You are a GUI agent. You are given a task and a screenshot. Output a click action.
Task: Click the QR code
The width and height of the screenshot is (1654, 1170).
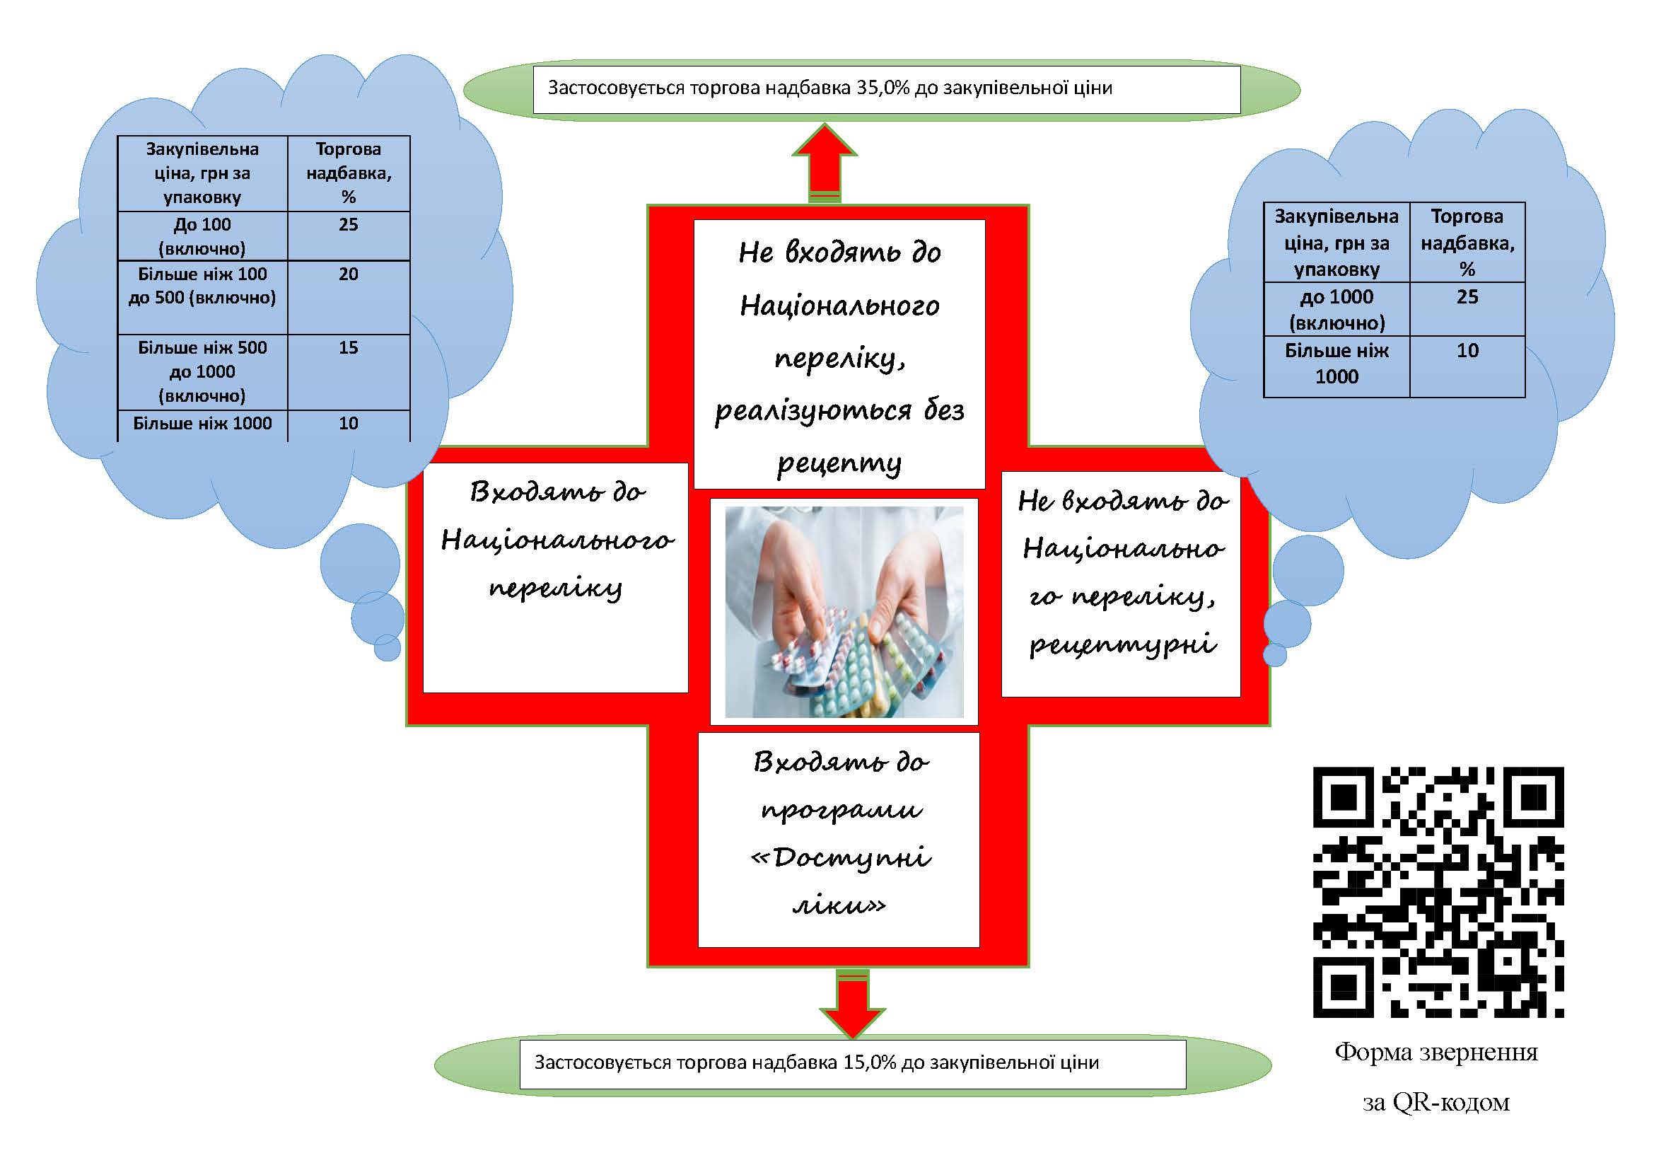pyautogui.click(x=1438, y=892)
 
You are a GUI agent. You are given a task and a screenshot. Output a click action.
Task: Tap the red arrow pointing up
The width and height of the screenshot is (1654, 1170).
pyautogui.click(x=825, y=163)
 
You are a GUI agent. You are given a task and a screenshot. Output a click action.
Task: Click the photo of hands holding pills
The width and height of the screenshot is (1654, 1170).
pyautogui.click(x=844, y=612)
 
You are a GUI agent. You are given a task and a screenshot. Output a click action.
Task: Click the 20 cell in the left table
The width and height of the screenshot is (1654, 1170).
pyautogui.click(x=349, y=298)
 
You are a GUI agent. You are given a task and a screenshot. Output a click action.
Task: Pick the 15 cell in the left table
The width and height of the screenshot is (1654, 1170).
pyautogui.click(x=349, y=373)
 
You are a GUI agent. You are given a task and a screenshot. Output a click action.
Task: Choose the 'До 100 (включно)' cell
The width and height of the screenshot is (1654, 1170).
pyautogui.click(x=202, y=236)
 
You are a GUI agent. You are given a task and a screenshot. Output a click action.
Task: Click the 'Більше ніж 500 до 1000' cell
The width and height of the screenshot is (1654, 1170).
pyautogui.click(x=202, y=372)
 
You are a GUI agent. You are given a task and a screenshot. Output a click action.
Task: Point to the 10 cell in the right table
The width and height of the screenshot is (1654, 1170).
pyautogui.click(x=1467, y=366)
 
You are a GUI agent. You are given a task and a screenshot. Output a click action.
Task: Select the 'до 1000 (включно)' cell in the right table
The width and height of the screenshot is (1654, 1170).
pyautogui.click(x=1337, y=309)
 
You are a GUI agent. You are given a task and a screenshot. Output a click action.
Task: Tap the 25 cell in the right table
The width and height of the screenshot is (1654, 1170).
pyautogui.click(x=1467, y=309)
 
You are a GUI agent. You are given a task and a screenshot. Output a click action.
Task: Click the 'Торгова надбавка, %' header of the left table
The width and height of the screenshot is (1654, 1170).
pyautogui.click(x=349, y=173)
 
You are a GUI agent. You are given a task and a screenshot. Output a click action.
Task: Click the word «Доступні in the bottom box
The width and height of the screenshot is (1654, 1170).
pyautogui.click(x=841, y=858)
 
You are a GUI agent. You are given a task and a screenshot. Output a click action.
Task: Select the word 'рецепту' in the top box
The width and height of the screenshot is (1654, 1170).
pyautogui.click(x=839, y=463)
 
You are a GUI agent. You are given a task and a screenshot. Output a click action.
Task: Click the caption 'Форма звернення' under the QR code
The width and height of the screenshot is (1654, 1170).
pyautogui.click(x=1436, y=1053)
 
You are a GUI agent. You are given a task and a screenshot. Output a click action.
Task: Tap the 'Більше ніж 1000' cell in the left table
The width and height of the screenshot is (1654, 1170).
pyautogui.click(x=202, y=424)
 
